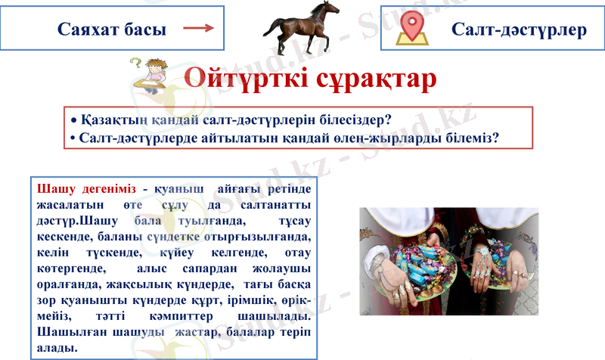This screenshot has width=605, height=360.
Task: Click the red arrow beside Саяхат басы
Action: (x=197, y=29)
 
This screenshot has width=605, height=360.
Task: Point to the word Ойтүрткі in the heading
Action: (x=251, y=77)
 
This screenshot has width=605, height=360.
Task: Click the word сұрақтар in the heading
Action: (x=381, y=77)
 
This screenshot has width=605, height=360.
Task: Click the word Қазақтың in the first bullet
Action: (x=115, y=120)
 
